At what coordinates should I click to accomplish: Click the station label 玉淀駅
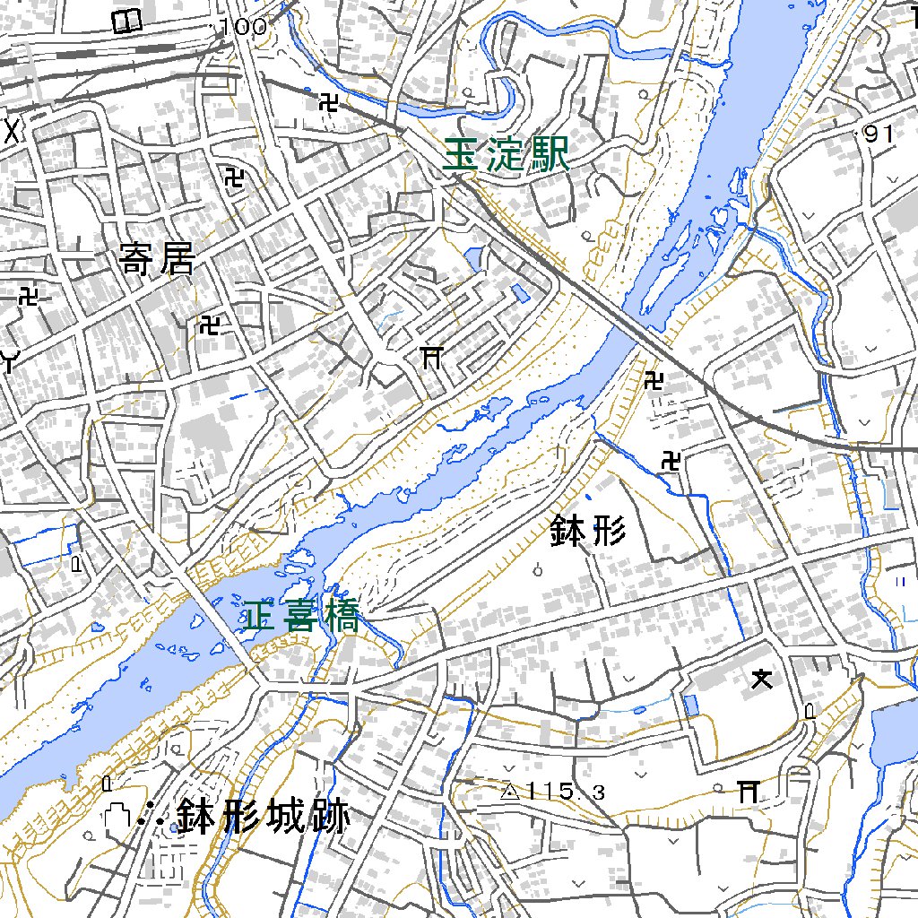[507, 156]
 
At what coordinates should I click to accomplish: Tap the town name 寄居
[156, 260]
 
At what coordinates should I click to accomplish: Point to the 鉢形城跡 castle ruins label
[262, 817]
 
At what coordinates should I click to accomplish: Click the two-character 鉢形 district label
[587, 533]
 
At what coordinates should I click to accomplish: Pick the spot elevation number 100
[243, 28]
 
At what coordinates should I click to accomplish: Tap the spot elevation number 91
[879, 134]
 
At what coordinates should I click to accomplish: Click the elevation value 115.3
[566, 792]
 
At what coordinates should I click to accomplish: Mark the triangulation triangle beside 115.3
[510, 792]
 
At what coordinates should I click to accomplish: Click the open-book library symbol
[127, 20]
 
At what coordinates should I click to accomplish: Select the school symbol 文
[761, 680]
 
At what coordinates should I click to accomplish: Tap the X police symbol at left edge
[12, 131]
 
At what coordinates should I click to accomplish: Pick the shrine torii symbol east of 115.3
[748, 790]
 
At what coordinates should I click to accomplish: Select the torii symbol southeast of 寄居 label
[431, 358]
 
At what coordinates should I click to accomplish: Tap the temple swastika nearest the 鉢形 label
[671, 462]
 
